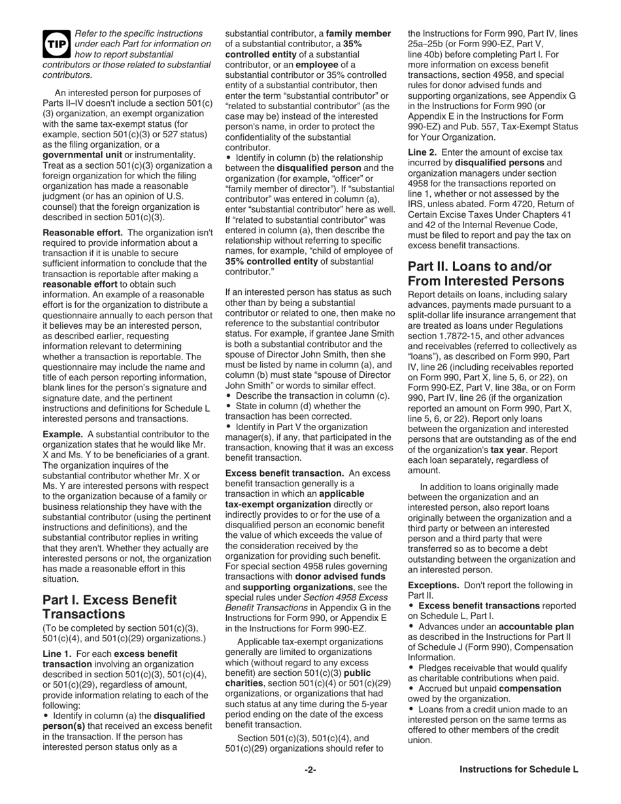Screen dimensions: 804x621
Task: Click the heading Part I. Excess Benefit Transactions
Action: click(x=109, y=607)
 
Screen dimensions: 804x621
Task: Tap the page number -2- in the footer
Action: click(x=310, y=769)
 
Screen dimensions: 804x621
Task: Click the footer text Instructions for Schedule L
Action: click(x=518, y=769)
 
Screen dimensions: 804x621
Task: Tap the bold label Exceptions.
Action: click(x=434, y=585)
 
